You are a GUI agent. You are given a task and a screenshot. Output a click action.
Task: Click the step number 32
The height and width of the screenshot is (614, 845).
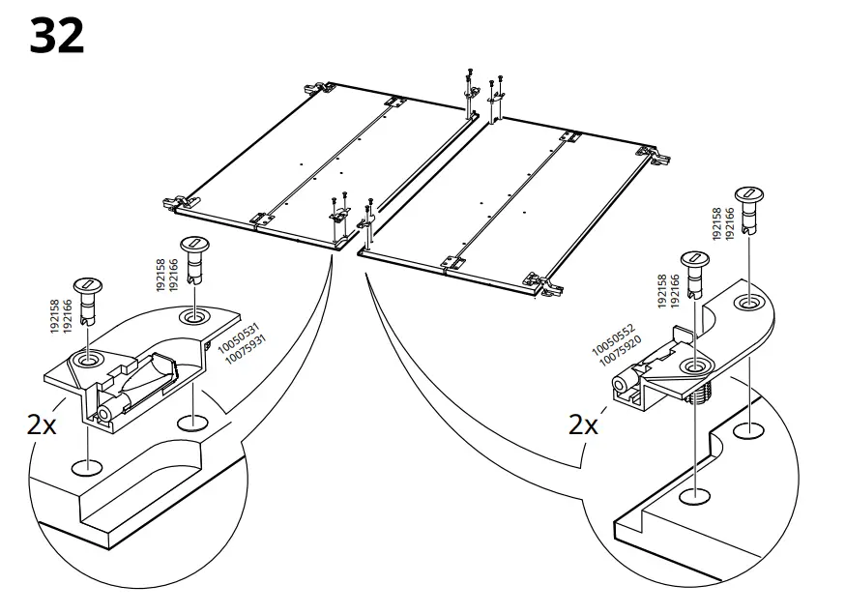pyautogui.click(x=57, y=36)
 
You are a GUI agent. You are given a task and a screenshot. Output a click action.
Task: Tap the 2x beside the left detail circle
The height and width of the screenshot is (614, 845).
pyautogui.click(x=42, y=425)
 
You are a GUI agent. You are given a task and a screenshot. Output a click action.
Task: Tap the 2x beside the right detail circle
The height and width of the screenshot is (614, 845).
pyautogui.click(x=583, y=424)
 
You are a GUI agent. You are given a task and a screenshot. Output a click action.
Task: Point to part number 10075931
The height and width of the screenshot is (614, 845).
pyautogui.click(x=246, y=349)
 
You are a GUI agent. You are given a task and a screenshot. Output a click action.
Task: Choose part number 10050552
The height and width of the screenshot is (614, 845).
pyautogui.click(x=614, y=339)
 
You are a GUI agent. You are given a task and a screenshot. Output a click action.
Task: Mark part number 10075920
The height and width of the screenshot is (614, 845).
pyautogui.click(x=621, y=351)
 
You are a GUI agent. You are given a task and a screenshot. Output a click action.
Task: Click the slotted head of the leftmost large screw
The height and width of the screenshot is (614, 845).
pyautogui.click(x=87, y=285)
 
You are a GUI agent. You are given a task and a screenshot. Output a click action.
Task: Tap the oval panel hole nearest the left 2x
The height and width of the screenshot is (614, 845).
pyautogui.click(x=87, y=467)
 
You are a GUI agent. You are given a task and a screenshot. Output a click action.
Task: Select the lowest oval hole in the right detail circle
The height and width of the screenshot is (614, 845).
pyautogui.click(x=695, y=496)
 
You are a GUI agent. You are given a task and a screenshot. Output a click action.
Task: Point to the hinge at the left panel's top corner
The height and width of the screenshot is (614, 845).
pyautogui.click(x=319, y=88)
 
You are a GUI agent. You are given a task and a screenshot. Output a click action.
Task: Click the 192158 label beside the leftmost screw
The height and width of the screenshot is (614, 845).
pyautogui.click(x=55, y=316)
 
